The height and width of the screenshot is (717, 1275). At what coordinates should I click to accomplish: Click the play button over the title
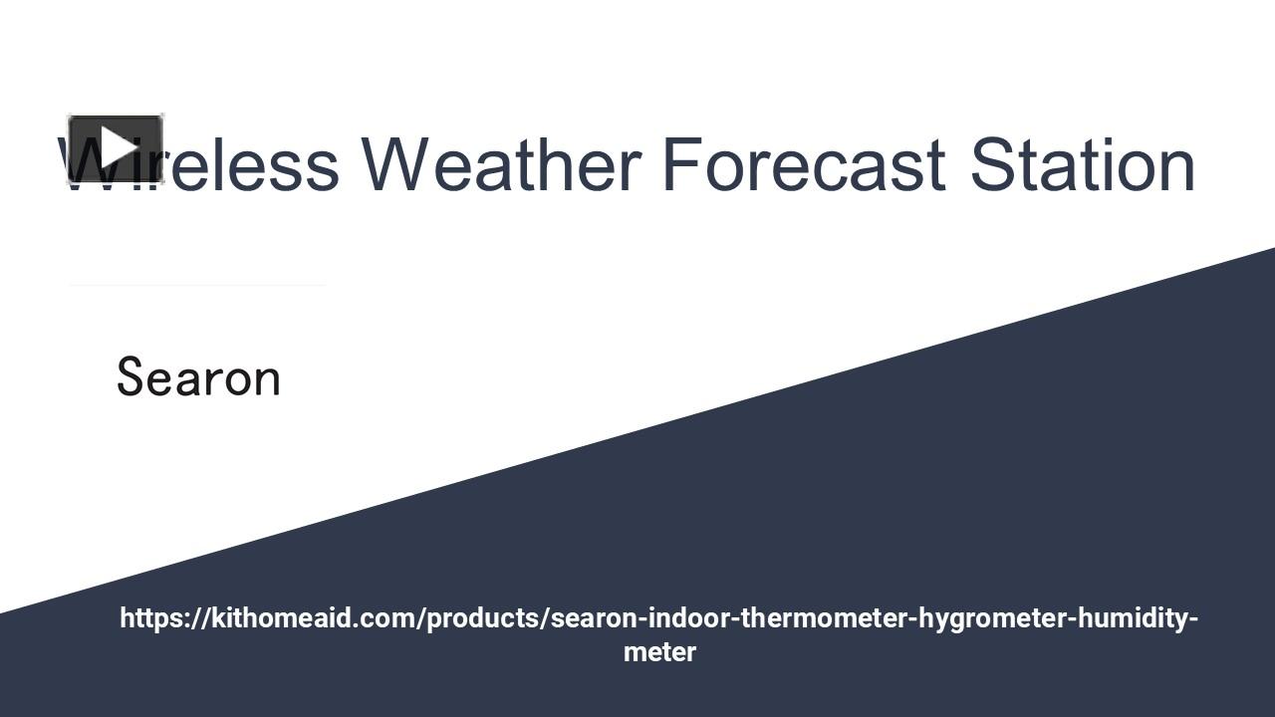tap(116, 149)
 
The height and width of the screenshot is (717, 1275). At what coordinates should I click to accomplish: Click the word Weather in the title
tap(500, 164)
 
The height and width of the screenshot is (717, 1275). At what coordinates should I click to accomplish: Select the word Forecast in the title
tap(803, 164)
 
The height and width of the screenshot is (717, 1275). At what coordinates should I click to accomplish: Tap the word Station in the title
tap(1083, 164)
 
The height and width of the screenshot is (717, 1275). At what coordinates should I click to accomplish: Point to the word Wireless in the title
tap(199, 164)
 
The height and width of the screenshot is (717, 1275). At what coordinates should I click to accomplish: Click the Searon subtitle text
tap(198, 378)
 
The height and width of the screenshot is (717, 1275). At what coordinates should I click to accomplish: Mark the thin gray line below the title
tap(197, 285)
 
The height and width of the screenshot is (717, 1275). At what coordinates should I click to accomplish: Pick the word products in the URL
tap(486, 618)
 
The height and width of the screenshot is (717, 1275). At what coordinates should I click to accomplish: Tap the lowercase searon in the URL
tap(594, 618)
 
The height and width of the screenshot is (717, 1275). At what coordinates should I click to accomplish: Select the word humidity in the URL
tap(1133, 618)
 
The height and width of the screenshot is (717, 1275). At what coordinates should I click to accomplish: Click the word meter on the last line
tap(659, 652)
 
